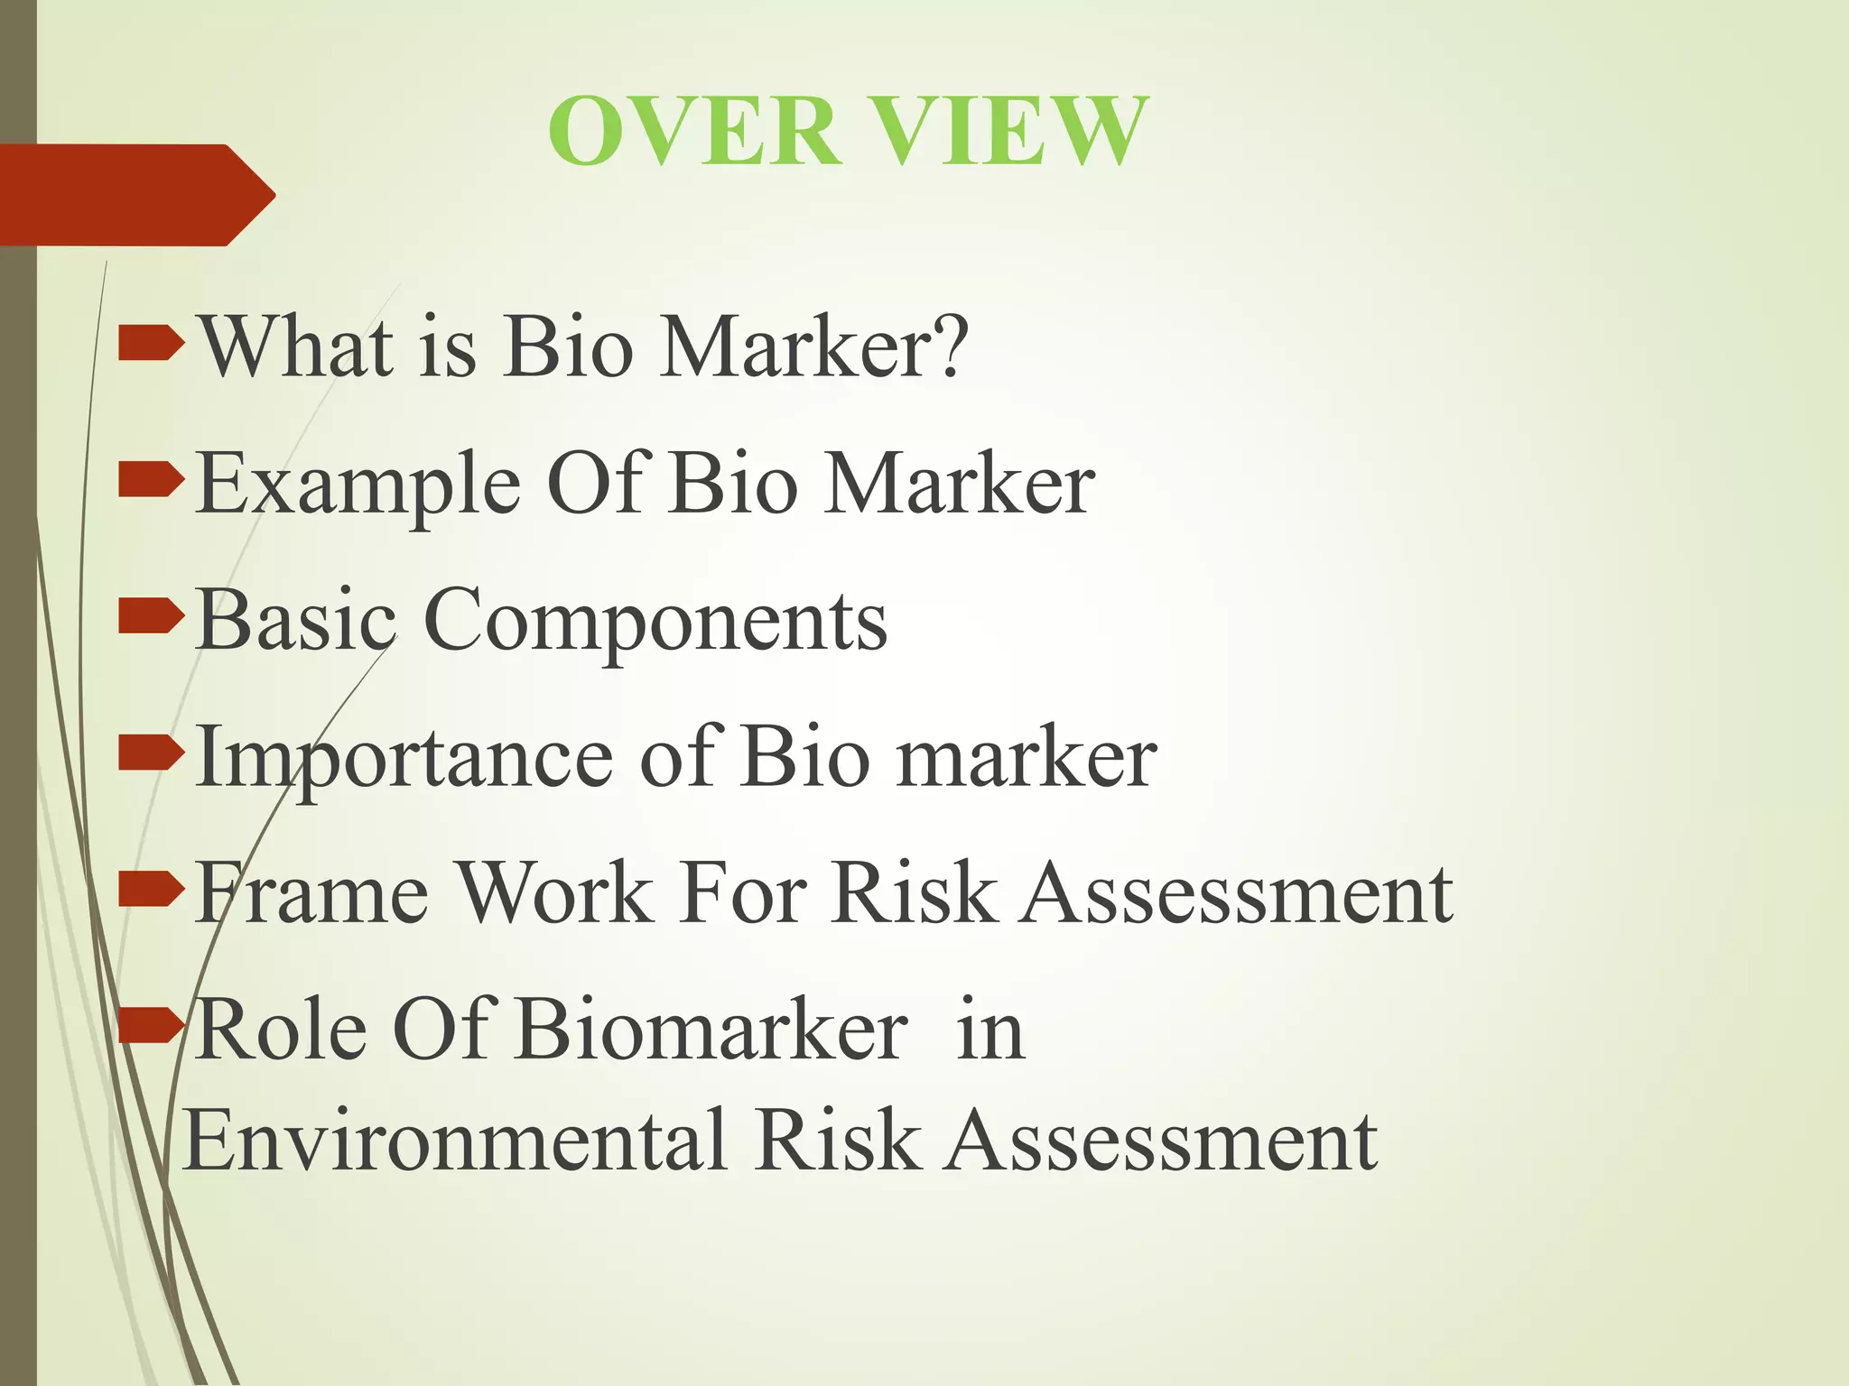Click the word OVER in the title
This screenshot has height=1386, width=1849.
click(695, 132)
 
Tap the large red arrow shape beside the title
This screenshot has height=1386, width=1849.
click(135, 195)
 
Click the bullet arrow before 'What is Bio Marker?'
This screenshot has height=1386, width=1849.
click(150, 345)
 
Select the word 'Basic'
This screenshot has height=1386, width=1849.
click(296, 621)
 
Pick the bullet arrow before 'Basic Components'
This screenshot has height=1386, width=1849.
click(150, 618)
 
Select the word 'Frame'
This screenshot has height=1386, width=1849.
click(312, 893)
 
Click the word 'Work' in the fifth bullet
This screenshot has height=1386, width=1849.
click(556, 893)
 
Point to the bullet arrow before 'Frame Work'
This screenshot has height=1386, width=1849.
click(150, 891)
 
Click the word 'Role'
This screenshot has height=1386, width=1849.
click(281, 1030)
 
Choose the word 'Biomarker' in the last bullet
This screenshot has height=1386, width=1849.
click(712, 1030)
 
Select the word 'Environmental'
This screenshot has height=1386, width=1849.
click(455, 1141)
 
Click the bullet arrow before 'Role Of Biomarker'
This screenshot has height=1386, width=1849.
click(150, 1027)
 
